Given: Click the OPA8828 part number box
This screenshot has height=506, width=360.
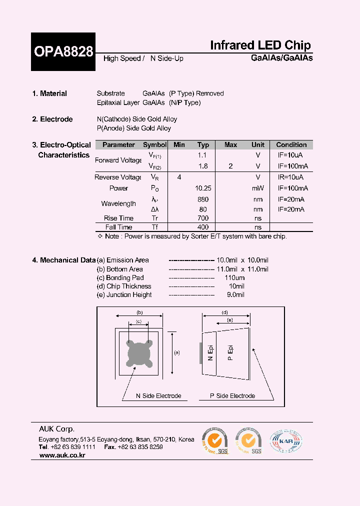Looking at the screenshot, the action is pos(63,51).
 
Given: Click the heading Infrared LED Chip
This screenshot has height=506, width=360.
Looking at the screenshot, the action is pos(260,45).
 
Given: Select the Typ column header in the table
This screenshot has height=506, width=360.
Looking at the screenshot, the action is pos(203,145).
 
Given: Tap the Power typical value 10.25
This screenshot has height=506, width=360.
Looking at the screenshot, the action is pos(203,188).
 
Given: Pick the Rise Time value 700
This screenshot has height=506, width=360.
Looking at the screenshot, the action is pos(203,218).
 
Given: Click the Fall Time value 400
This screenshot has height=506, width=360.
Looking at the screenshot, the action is pos(203,227).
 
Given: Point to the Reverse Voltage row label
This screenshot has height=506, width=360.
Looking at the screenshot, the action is pos(118,177).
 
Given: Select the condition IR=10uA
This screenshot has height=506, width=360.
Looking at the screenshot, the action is pos(290,177).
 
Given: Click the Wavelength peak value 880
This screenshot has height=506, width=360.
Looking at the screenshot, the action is pos(203,199).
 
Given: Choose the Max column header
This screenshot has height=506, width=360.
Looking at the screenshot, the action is pos(230,145).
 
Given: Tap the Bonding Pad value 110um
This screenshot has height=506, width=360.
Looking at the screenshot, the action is pos(234,277).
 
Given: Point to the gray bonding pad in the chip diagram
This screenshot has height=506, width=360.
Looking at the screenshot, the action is pos(138,353).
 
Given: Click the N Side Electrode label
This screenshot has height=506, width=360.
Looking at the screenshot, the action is pos(158,396).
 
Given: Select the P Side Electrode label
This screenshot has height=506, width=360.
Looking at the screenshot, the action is pos(232,396).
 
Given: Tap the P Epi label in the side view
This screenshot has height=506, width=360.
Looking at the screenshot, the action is pos(230,352).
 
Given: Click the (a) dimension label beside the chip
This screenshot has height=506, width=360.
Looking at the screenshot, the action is pos(176,352).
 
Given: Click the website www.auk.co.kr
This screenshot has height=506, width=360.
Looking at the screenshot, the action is pos(62,456).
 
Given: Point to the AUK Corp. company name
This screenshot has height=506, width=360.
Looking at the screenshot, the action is pos(57,429).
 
